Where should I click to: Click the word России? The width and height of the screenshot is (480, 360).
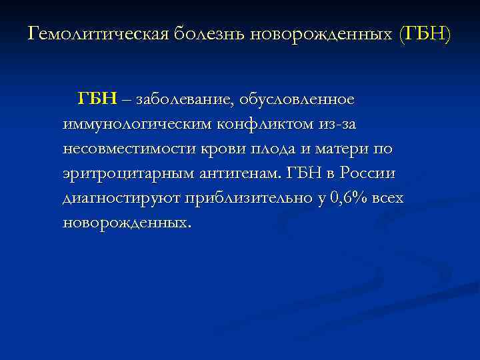tap(368, 173)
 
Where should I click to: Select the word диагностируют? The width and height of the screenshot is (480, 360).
tap(121, 198)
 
